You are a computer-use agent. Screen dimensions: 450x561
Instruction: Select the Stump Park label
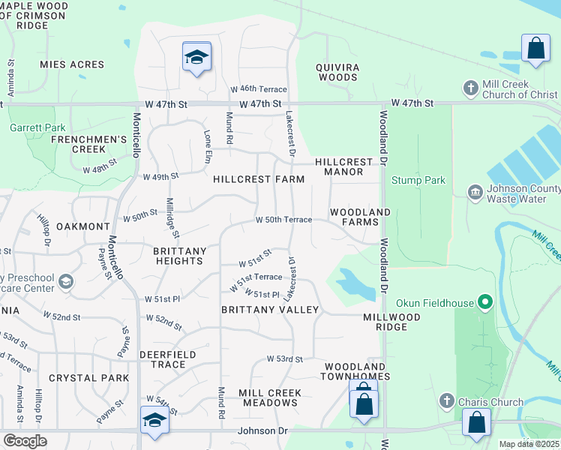tap(418, 180)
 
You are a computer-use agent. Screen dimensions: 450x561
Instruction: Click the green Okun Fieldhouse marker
tap(485, 303)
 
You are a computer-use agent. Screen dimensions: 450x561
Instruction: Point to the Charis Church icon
tap(447, 402)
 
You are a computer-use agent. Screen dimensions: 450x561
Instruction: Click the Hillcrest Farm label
tap(259, 179)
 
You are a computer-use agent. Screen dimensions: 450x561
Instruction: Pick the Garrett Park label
tap(34, 127)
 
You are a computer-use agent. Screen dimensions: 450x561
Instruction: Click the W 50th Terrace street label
tap(283, 220)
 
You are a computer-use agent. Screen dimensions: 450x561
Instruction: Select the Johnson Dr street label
tap(261, 430)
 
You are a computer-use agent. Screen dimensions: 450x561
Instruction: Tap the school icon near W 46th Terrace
tap(196, 57)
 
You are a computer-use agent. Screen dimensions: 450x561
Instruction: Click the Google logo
tap(25, 441)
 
